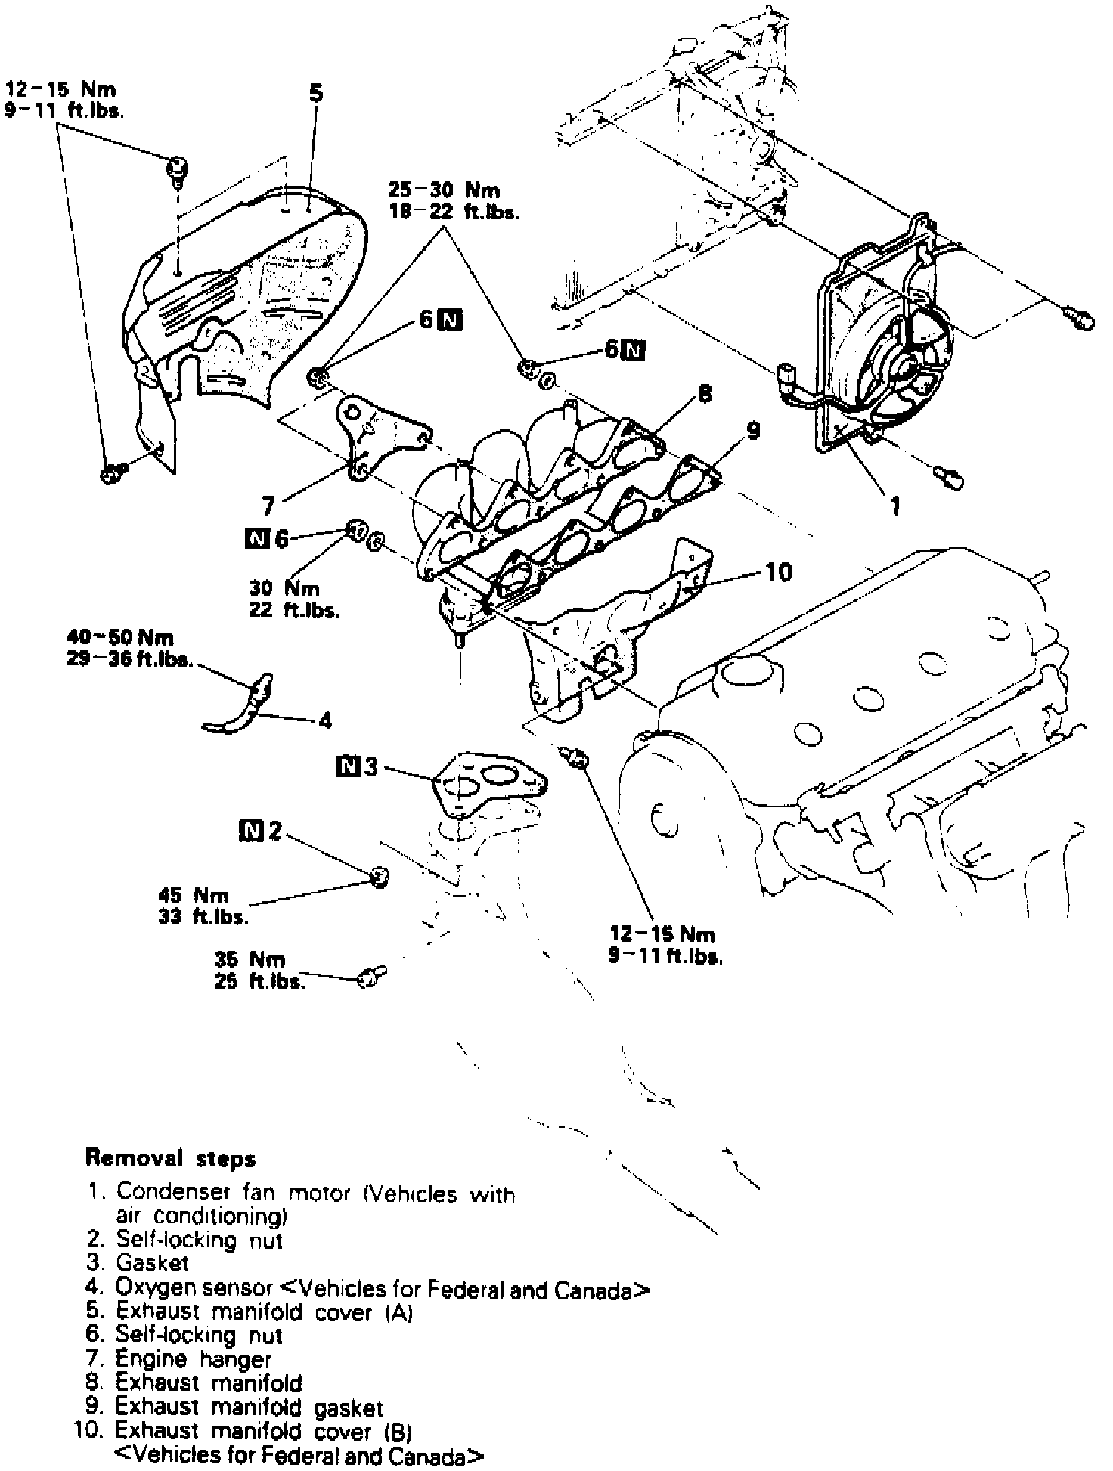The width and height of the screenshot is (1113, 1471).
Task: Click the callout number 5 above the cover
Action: click(x=316, y=94)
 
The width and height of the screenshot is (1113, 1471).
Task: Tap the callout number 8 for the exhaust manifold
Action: click(x=704, y=394)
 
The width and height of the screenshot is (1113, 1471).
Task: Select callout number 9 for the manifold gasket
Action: click(x=752, y=431)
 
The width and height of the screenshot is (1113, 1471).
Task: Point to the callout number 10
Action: click(x=778, y=571)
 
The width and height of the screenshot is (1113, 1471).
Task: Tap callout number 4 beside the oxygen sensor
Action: click(x=325, y=720)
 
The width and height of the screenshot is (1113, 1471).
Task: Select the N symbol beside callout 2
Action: click(x=250, y=831)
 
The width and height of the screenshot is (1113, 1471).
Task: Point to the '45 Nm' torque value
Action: click(x=194, y=895)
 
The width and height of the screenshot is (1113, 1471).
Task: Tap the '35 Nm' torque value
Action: click(x=250, y=960)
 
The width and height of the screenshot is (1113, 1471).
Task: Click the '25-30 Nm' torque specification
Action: click(x=444, y=190)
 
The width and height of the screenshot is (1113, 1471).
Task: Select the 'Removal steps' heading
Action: click(x=171, y=1158)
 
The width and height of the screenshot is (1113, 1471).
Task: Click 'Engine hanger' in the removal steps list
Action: click(x=194, y=1358)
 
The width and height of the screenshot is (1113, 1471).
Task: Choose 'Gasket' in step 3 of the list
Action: click(x=153, y=1262)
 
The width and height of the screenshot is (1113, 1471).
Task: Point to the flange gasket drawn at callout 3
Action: click(x=488, y=785)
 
